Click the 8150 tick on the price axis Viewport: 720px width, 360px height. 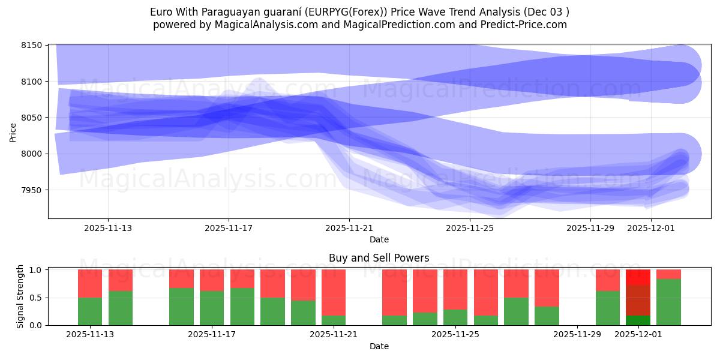pos(31,46)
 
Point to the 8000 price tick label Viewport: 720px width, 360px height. pos(31,154)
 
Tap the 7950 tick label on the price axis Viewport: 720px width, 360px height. pos(31,190)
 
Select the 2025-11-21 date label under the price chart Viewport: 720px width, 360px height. pos(349,228)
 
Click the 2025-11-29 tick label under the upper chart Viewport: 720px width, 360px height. pos(590,228)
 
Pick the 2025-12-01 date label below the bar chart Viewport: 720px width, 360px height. pos(638,334)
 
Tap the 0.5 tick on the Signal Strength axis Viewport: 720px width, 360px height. pos(35,298)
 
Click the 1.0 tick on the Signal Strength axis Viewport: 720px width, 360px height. pos(35,270)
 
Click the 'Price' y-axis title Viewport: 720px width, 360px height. pos(13,132)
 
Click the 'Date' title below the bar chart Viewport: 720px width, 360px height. pos(379,346)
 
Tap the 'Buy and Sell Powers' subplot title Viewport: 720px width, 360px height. pos(379,258)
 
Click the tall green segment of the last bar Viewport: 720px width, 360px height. pos(668,302)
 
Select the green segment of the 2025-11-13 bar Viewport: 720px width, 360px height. pos(90,311)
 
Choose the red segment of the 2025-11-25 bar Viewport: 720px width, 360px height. pos(455,289)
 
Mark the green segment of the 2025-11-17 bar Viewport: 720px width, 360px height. pos(212,308)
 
